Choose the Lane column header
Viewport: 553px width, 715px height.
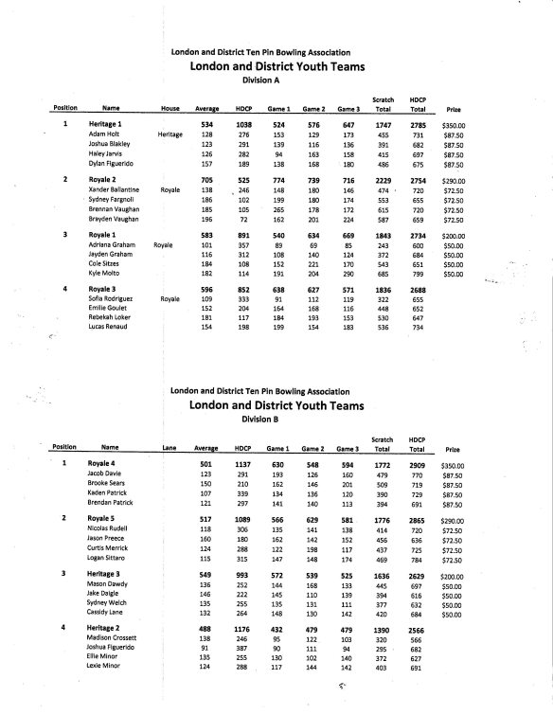(x=169, y=447)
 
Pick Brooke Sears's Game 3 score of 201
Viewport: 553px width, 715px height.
(x=348, y=484)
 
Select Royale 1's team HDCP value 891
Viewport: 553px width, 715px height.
(x=242, y=232)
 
